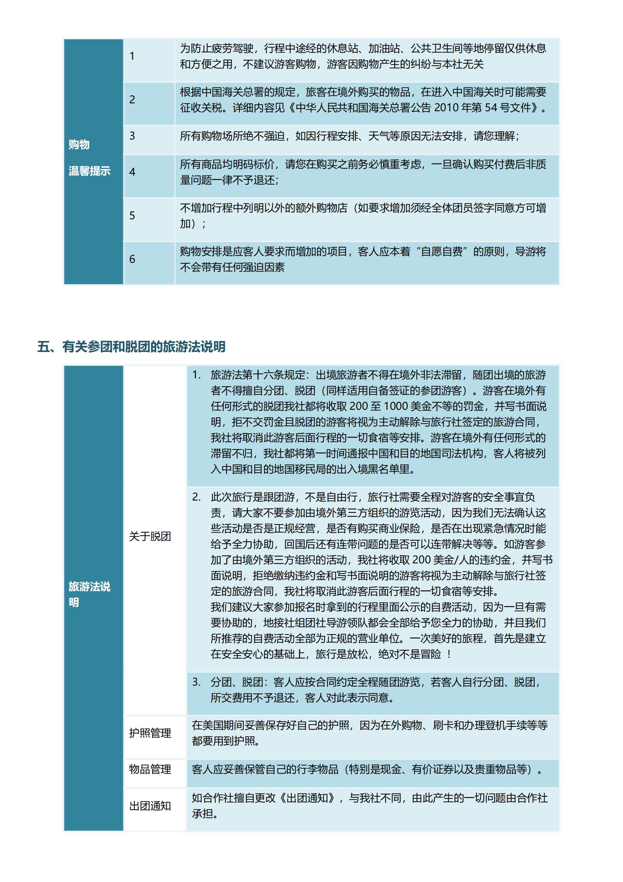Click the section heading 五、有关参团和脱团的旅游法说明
click(131, 347)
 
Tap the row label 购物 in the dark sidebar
click(79, 145)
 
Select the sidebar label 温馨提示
click(90, 171)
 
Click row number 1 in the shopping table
click(132, 56)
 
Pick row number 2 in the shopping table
click(132, 100)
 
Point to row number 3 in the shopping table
click(132, 136)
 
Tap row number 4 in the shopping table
click(132, 172)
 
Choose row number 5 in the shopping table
click(132, 216)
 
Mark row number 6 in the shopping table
click(132, 259)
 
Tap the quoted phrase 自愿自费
click(442, 252)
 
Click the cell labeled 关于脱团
click(150, 536)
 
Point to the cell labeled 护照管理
click(150, 733)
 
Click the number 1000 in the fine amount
click(397, 406)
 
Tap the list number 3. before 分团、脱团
click(196, 682)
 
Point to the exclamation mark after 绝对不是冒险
click(449, 655)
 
